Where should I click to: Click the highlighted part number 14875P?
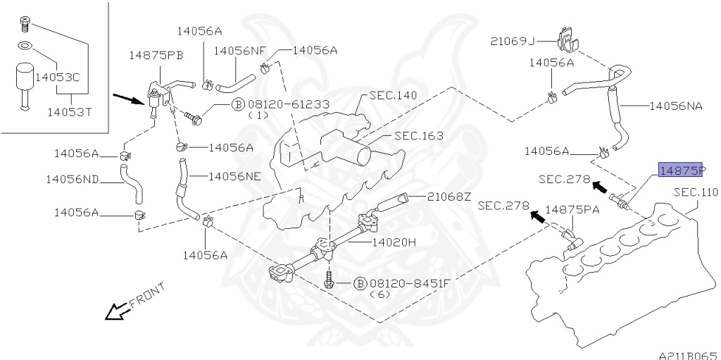tap(681, 170)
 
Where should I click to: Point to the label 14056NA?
tap(675, 106)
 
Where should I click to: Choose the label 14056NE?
tap(234, 176)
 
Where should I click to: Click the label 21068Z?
tap(447, 197)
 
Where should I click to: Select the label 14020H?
tap(394, 242)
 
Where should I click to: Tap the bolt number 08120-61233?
tap(289, 104)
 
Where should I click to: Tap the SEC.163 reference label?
tap(417, 136)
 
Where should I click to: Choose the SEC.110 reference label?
tap(696, 192)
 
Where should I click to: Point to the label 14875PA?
tap(572, 209)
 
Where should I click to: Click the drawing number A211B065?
tap(688, 354)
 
